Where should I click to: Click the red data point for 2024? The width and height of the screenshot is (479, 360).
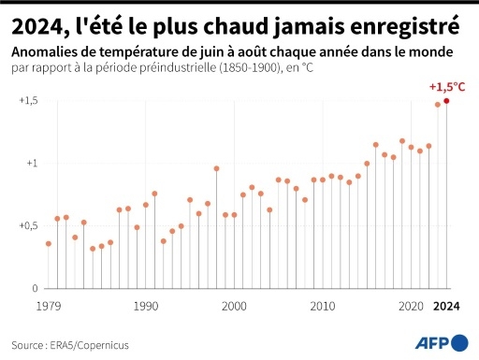(446, 101)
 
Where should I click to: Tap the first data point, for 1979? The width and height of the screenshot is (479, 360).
(49, 243)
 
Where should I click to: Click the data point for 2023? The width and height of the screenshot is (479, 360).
(437, 105)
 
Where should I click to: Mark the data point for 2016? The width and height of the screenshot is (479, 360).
(375, 145)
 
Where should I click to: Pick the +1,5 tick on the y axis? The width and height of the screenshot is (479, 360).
(28, 101)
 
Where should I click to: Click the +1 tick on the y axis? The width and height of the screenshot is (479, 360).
(31, 164)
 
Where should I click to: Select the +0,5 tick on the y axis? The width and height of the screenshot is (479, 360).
(28, 226)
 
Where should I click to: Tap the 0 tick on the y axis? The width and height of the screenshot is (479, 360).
(35, 289)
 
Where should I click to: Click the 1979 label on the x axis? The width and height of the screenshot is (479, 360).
(49, 306)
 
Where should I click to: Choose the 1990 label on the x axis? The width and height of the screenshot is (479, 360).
(145, 306)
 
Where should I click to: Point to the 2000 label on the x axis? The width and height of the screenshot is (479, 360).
(234, 306)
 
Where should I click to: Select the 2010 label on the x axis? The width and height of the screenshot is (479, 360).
(323, 306)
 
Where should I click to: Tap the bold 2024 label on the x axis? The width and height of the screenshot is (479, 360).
(447, 306)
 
